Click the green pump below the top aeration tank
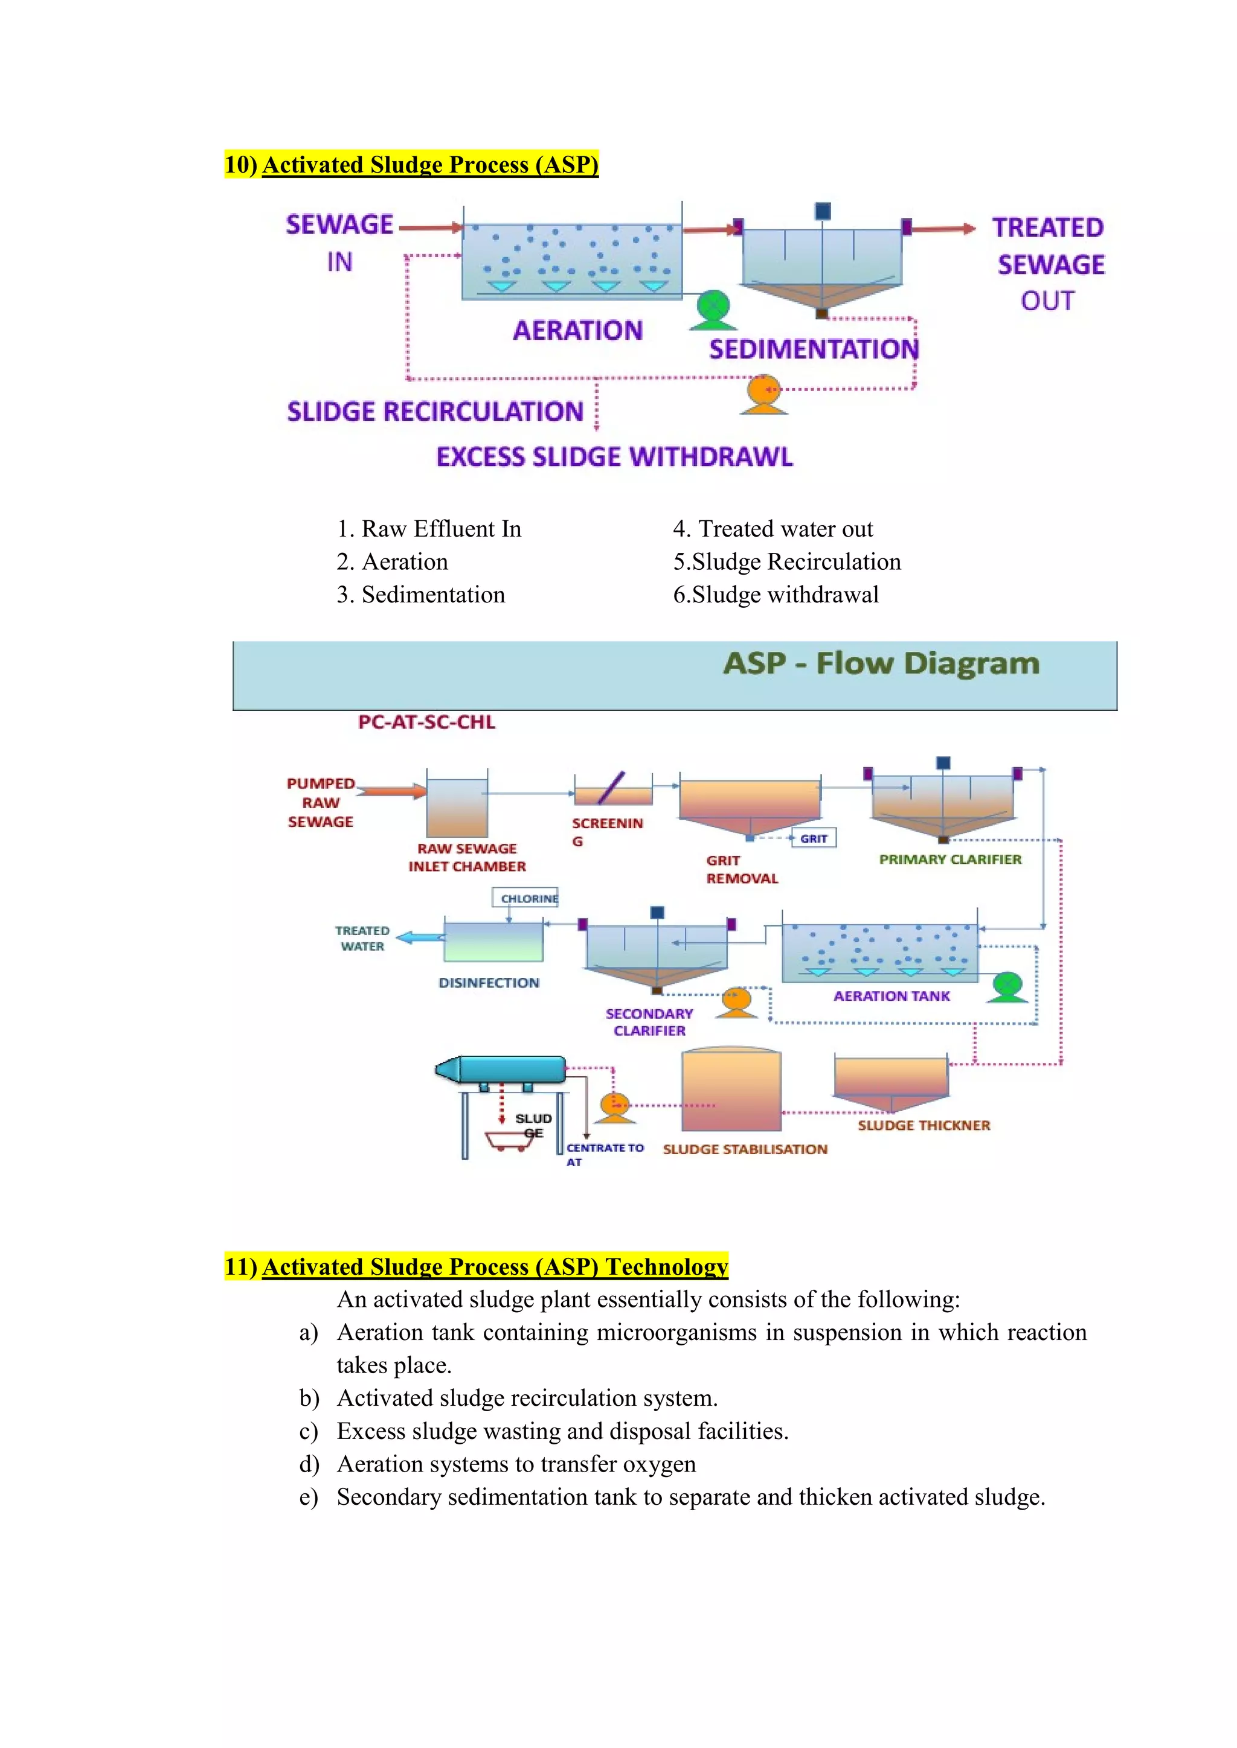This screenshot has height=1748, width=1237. (713, 309)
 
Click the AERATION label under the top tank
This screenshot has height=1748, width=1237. (577, 330)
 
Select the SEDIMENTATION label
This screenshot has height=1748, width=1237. (814, 349)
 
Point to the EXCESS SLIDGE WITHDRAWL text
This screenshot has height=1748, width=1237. (614, 457)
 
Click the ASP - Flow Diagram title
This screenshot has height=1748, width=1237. (881, 663)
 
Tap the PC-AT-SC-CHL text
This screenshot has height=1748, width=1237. (426, 722)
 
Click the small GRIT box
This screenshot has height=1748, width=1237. (814, 838)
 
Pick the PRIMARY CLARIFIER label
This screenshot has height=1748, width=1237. (950, 860)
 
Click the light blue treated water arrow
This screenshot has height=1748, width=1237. (420, 938)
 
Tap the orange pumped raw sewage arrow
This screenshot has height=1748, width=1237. (391, 791)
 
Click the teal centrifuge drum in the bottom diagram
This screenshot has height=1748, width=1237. (503, 1069)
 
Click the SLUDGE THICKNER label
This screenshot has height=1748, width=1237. (923, 1125)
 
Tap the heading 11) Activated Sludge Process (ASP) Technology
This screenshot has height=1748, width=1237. (476, 1266)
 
